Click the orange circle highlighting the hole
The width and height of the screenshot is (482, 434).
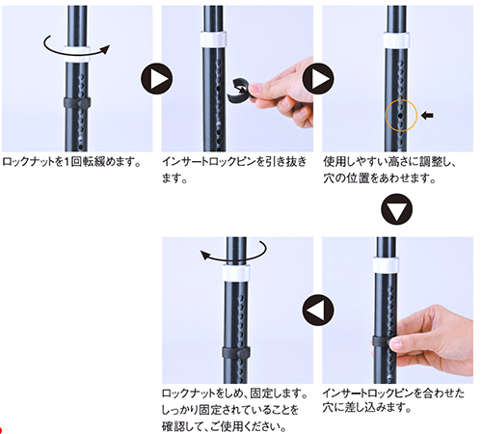pos(386,116)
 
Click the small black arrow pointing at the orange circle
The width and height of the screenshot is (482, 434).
pos(427,116)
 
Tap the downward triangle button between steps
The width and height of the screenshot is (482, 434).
pos(396,209)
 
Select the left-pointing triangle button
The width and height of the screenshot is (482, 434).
pos(318,311)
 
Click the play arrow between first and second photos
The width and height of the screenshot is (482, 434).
pos(156,79)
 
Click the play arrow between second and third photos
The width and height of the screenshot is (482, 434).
pos(318,79)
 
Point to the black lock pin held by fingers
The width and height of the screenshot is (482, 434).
pos(239,90)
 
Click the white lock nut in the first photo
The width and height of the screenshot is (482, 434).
pos(76,54)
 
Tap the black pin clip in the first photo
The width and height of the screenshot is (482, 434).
pos(77,103)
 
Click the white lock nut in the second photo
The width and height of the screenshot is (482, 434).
pos(213,40)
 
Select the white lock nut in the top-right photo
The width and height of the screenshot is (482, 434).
pos(396,41)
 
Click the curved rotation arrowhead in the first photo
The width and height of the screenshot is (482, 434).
pos(105,49)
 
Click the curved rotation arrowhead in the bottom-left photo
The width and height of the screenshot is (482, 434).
pos(205,255)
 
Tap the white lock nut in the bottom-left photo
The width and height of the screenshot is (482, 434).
pos(236,273)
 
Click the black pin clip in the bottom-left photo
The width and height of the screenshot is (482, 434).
pos(236,353)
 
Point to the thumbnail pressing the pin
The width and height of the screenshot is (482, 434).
pos(396,344)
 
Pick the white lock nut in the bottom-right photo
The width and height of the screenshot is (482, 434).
pos(386,265)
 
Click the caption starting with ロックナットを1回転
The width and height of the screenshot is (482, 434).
pos(71,161)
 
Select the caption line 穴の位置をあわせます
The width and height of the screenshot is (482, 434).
pos(380,178)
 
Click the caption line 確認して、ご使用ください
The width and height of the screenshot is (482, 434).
pos(225,426)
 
